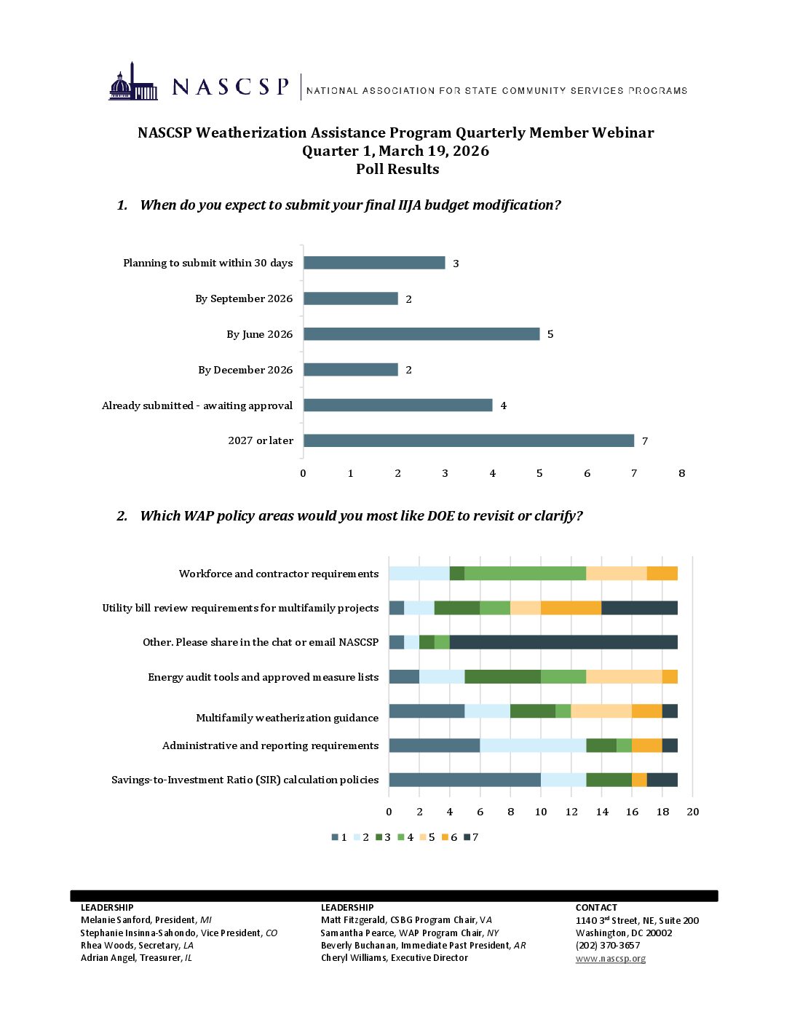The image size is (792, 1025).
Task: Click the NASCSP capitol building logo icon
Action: [x=133, y=82]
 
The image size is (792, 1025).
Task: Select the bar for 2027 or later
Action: [x=468, y=440]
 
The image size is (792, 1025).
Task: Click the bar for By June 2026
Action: [x=421, y=334]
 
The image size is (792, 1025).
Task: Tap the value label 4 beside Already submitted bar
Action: [x=503, y=405]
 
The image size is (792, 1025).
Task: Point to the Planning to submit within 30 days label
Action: [x=207, y=263]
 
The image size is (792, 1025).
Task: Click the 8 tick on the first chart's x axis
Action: [x=681, y=473]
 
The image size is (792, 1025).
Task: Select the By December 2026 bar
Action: [x=350, y=370]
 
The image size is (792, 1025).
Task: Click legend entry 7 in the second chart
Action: [x=471, y=837]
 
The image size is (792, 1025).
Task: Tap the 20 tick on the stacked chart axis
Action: [x=692, y=812]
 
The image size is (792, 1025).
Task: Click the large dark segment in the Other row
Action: [x=563, y=642]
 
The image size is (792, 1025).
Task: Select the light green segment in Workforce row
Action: [x=525, y=574]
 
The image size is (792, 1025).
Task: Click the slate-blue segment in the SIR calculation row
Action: [x=464, y=780]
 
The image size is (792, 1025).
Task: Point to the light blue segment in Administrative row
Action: [x=533, y=745]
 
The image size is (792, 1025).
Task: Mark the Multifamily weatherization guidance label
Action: [x=287, y=718]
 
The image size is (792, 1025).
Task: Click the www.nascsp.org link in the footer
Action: [x=610, y=958]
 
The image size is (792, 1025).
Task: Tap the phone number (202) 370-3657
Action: [x=608, y=946]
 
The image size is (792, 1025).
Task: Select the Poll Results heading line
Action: [x=397, y=169]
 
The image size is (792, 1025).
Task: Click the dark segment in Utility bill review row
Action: [x=639, y=608]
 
